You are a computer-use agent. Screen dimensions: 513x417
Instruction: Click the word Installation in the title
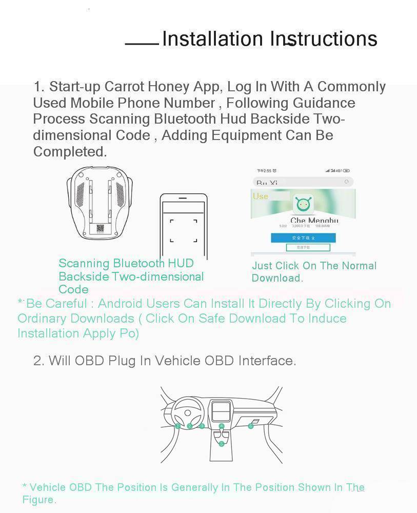click(212, 39)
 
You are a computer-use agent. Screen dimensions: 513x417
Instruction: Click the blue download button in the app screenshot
click(303, 238)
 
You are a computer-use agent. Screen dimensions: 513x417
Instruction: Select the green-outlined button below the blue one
click(308, 247)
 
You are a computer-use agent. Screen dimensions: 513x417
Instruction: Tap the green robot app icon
click(304, 205)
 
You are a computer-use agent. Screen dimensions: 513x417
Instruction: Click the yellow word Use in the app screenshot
click(261, 196)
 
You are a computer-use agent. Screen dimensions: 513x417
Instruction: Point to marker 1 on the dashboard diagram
click(177, 426)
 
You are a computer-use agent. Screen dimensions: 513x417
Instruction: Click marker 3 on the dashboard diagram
click(202, 426)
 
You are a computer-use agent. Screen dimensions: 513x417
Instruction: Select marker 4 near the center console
click(222, 426)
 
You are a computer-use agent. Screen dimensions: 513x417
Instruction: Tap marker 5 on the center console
click(222, 444)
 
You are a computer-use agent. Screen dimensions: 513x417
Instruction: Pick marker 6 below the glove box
click(251, 426)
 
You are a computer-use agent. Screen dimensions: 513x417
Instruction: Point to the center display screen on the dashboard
click(221, 411)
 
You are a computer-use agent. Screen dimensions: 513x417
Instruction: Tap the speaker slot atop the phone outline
click(184, 197)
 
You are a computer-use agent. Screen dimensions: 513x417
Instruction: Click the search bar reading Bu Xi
click(303, 182)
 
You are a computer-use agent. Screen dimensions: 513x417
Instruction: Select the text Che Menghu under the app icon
click(314, 221)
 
